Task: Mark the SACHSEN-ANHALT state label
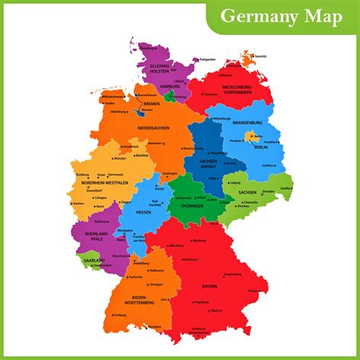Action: point(207,164)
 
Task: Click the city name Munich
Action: point(217,311)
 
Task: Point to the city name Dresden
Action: point(267,191)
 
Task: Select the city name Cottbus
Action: point(267,165)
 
